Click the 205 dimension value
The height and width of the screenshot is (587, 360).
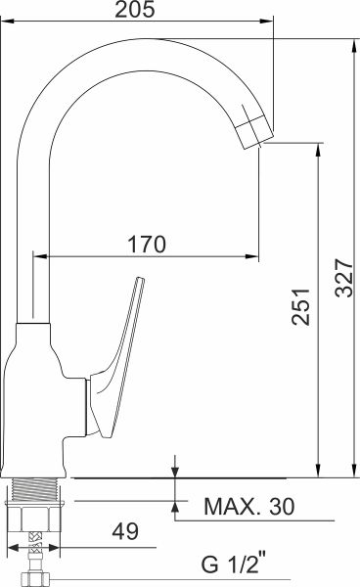pos(134,9)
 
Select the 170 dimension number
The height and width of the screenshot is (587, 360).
pos(147,244)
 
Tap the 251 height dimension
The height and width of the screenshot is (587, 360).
pos(301,306)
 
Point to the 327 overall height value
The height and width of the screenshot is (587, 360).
pos(344,278)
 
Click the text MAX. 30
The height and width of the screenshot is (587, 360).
pos(248,507)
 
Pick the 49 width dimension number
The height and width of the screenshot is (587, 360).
pos(125,531)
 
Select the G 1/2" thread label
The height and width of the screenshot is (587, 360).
pos(234,564)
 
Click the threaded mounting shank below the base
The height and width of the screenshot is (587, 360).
pos(36,489)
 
